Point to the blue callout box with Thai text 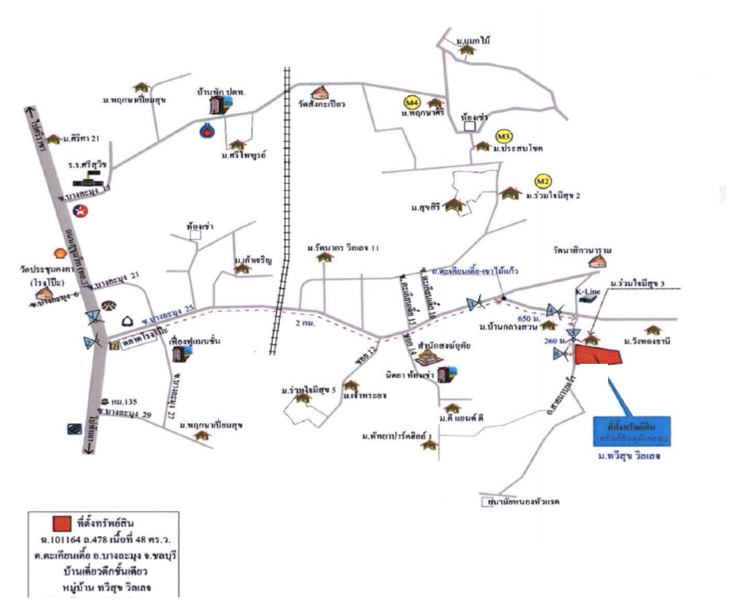pyautogui.click(x=632, y=432)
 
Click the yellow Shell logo pyautogui.click(x=59, y=251)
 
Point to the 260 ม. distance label pyautogui.click(x=553, y=342)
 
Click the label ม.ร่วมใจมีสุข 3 pyautogui.click(x=636, y=284)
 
